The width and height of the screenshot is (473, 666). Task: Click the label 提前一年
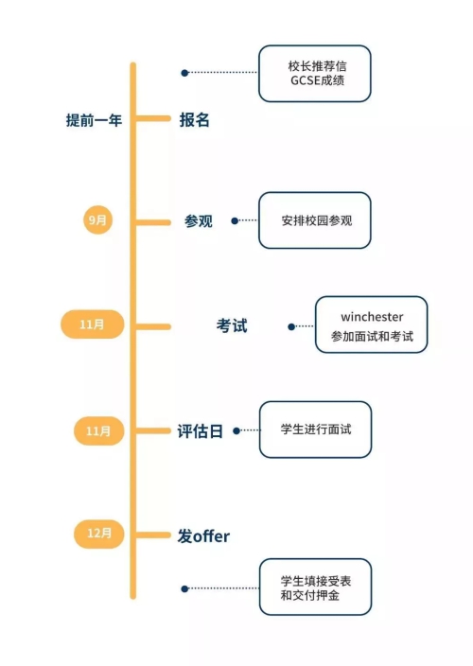(x=94, y=120)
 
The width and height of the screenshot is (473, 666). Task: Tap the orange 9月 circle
(x=97, y=219)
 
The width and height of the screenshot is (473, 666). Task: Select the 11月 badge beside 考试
(x=92, y=324)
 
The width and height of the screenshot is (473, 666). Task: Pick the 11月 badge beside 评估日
(x=98, y=431)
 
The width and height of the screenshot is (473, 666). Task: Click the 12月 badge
(x=99, y=534)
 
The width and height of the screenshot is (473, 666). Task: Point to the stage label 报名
(x=195, y=120)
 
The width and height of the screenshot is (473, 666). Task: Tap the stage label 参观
(x=199, y=220)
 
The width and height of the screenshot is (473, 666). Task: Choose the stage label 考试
(x=232, y=325)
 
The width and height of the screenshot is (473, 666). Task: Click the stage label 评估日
(x=201, y=431)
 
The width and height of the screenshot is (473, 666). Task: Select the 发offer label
(x=203, y=536)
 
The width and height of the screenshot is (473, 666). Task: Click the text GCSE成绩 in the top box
(x=317, y=80)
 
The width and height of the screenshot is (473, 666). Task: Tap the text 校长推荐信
(x=317, y=66)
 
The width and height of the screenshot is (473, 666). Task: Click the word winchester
(x=372, y=317)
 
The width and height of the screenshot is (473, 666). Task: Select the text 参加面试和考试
(x=372, y=337)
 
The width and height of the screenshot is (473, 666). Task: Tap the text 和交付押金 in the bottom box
(x=310, y=595)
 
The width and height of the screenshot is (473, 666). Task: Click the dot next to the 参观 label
(x=235, y=220)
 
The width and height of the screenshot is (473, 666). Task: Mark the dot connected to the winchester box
(x=291, y=326)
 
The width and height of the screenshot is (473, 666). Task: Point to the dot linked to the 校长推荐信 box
(x=184, y=73)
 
